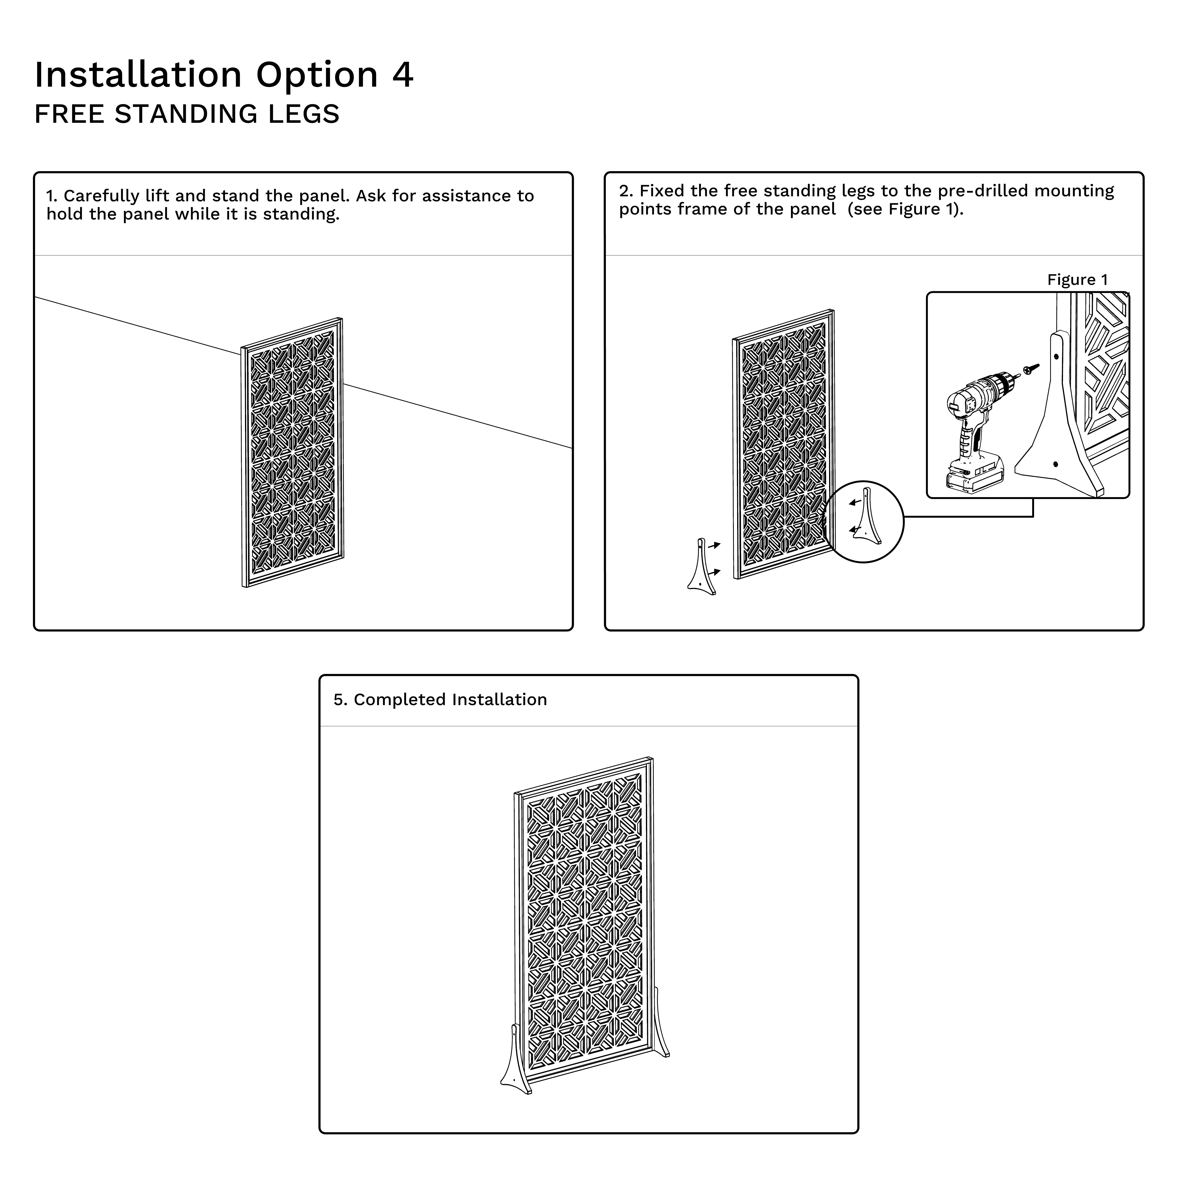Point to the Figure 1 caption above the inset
click(x=1077, y=280)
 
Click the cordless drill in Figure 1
click(x=975, y=429)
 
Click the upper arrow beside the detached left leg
click(x=714, y=545)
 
